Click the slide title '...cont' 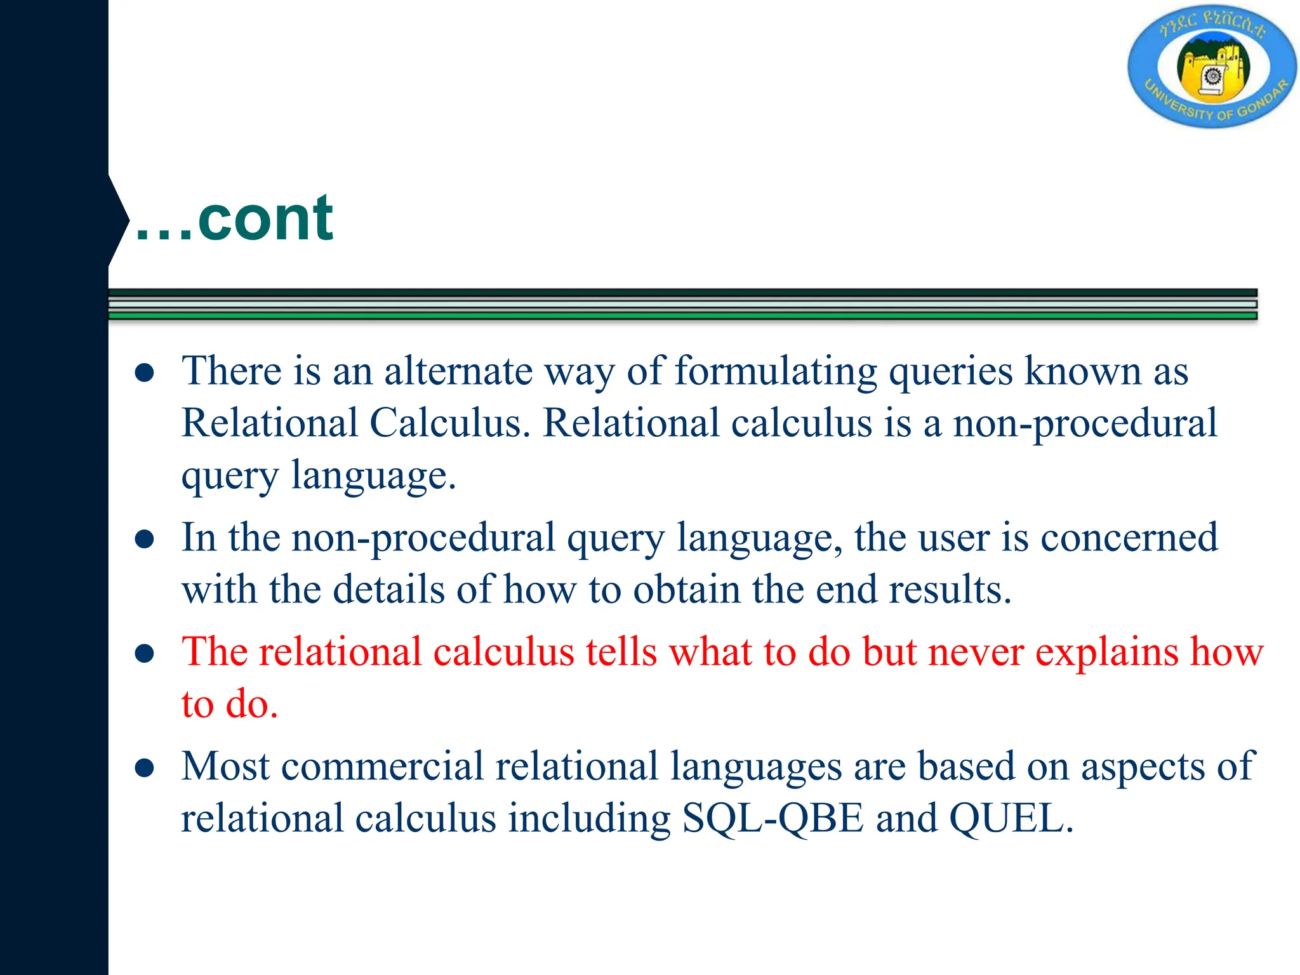tap(234, 219)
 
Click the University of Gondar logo tap(1212, 67)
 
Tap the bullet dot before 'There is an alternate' tap(145, 373)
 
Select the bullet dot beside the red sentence tap(145, 654)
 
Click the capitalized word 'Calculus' tap(449, 423)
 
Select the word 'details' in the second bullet tap(388, 590)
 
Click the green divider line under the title tap(682, 315)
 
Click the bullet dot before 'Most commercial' tap(145, 769)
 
